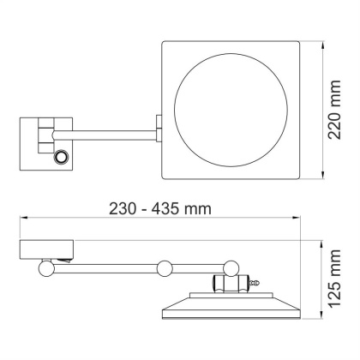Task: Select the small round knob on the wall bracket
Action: coord(61,157)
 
